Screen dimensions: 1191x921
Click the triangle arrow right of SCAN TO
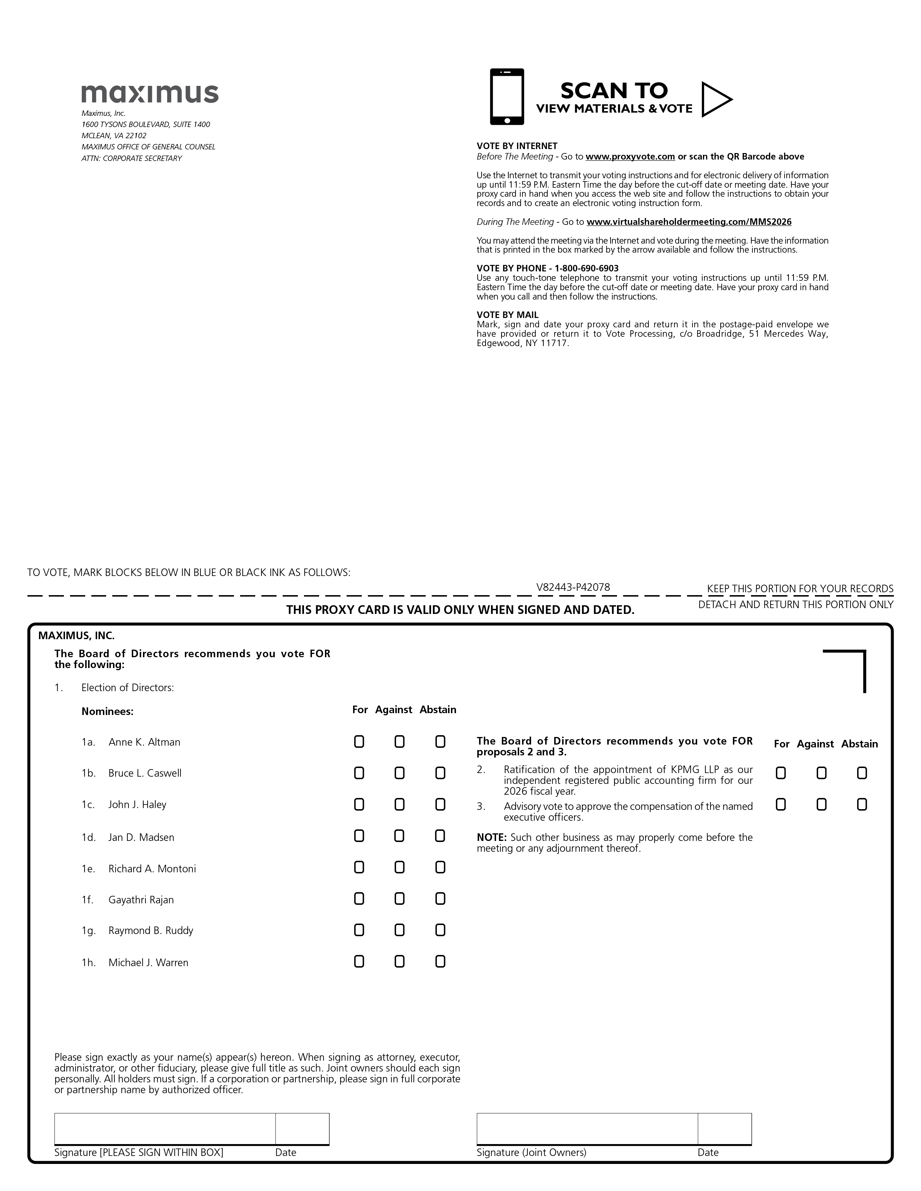point(715,99)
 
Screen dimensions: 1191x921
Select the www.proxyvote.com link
point(630,157)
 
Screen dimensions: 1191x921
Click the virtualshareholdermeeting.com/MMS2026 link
point(688,222)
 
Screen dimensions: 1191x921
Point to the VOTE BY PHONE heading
point(547,268)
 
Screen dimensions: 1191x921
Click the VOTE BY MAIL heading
point(507,315)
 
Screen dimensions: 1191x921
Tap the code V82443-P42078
point(573,587)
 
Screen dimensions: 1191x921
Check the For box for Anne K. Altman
point(359,742)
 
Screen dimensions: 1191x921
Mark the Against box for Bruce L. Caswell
point(399,773)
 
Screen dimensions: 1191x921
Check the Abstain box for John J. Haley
point(440,804)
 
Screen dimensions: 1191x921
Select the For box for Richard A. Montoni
point(359,868)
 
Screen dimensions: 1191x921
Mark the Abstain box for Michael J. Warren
point(440,962)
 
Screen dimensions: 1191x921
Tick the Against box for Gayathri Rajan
point(399,899)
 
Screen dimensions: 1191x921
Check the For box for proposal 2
point(781,773)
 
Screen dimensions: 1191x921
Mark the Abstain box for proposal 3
point(862,804)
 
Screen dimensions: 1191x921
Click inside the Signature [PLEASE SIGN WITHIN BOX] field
point(165,1128)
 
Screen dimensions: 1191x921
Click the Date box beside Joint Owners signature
point(725,1128)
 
